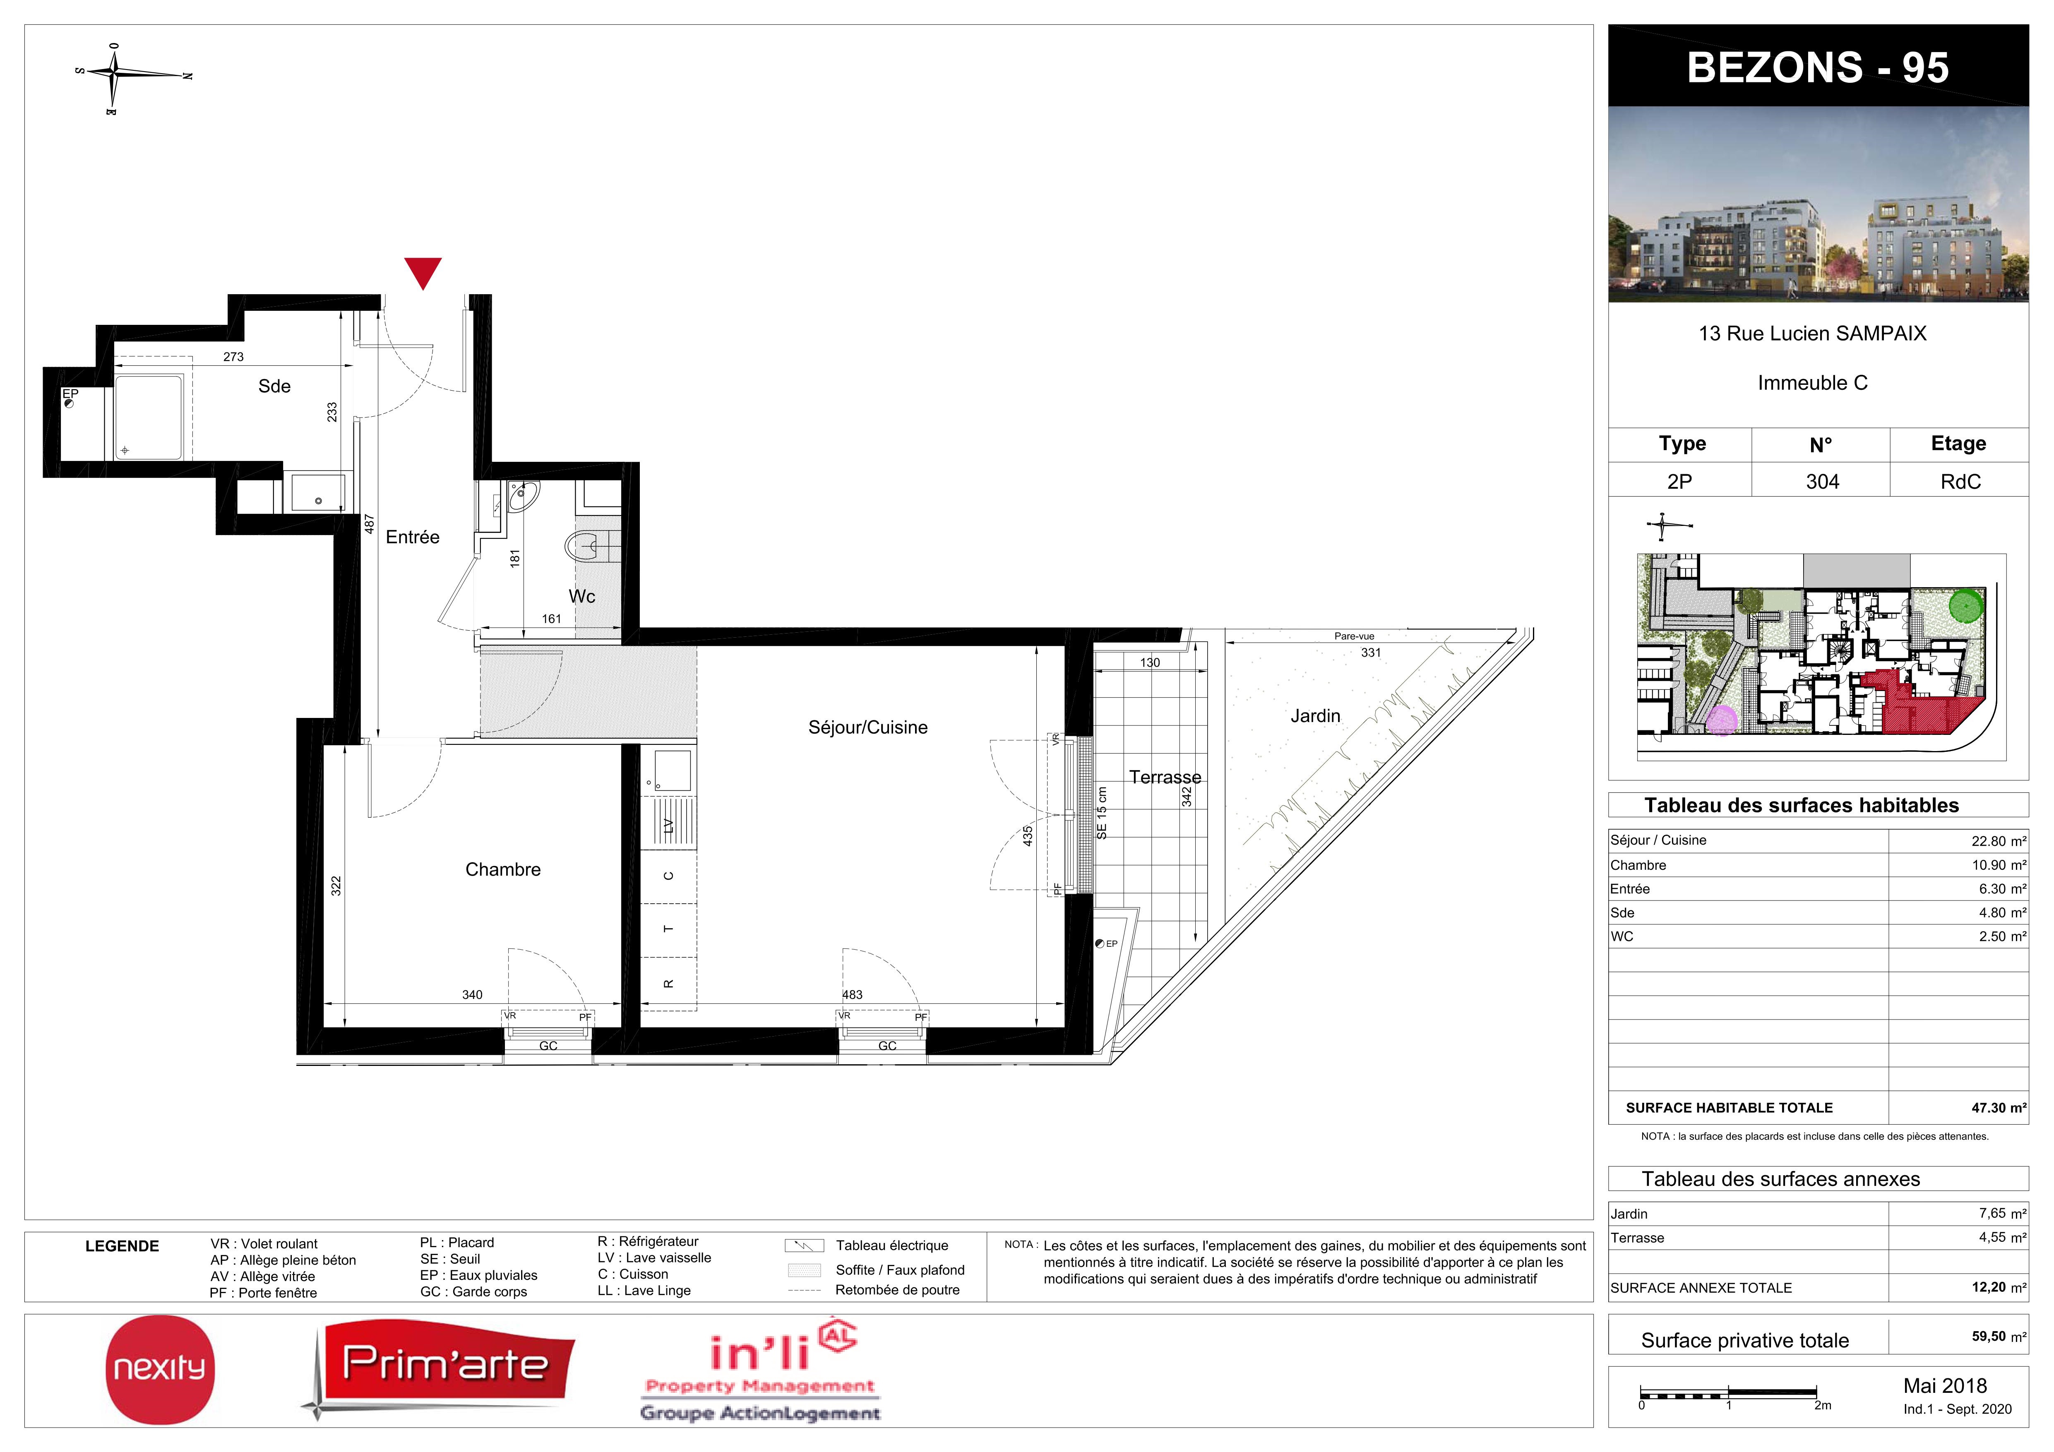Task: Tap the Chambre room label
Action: pyautogui.click(x=503, y=870)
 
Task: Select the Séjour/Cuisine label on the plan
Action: pyautogui.click(x=868, y=727)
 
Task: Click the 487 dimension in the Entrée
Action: pyautogui.click(x=369, y=524)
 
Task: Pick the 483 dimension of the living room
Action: pyautogui.click(x=853, y=994)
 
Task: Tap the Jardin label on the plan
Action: pyautogui.click(x=1315, y=716)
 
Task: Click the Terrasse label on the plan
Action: pyautogui.click(x=1165, y=778)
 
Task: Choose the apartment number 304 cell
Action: pyautogui.click(x=1822, y=481)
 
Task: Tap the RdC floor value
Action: pyautogui.click(x=1960, y=481)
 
